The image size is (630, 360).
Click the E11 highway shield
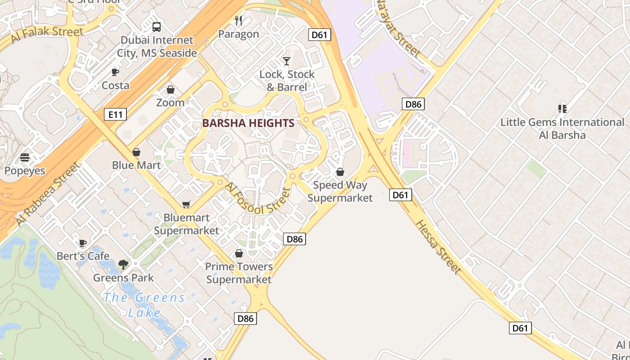(115, 114)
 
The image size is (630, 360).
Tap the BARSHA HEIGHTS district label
(248, 123)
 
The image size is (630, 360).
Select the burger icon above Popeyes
(25, 157)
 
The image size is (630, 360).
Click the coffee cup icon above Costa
(115, 72)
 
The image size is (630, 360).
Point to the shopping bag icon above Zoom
(171, 90)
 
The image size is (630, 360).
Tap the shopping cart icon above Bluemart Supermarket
(186, 204)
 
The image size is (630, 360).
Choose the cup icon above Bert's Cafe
(83, 243)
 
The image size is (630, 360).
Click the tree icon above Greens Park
(123, 265)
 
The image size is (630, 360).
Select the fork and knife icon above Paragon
(239, 21)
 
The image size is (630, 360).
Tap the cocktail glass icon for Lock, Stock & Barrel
(287, 61)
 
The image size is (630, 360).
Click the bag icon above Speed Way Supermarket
(340, 172)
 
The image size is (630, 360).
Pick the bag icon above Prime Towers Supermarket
(239, 253)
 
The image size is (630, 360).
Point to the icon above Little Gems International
(562, 108)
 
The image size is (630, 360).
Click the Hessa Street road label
(437, 247)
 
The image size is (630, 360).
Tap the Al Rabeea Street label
(48, 194)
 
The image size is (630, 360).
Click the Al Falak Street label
(47, 34)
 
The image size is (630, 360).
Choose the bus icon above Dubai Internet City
(157, 27)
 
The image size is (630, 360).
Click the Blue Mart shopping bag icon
(136, 152)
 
